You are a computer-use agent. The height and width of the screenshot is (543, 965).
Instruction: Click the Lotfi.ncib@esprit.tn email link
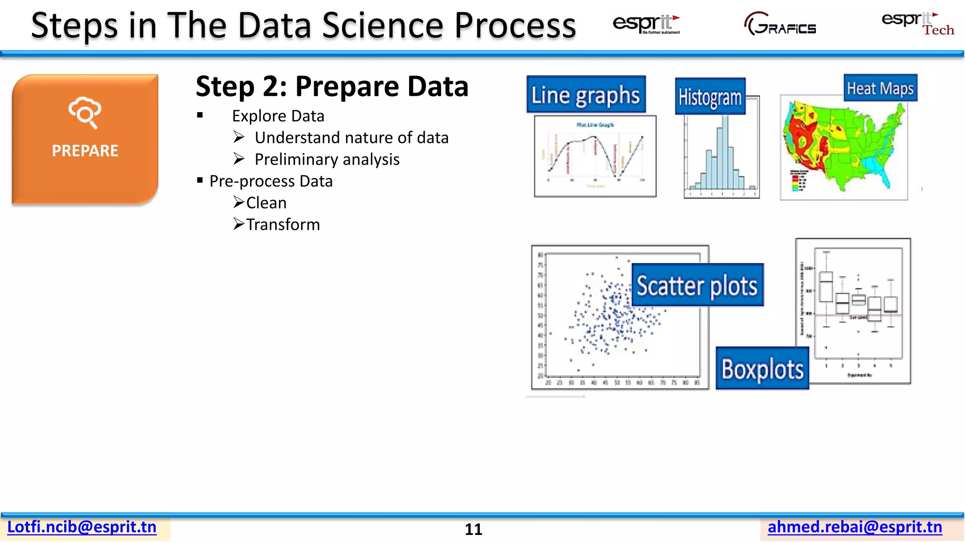[x=82, y=527]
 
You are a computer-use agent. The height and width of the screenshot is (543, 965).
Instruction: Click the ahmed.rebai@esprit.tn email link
[x=855, y=527]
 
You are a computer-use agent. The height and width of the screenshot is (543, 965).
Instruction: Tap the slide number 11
[x=474, y=529]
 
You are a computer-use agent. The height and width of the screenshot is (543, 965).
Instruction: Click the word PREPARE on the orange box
[x=85, y=151]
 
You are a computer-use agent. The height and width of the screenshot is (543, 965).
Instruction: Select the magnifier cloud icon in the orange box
[x=85, y=112]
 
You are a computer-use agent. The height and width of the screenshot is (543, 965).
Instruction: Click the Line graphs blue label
[x=586, y=95]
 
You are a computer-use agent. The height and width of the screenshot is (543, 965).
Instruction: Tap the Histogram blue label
[x=710, y=97]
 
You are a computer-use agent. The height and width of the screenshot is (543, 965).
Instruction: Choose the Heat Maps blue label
[x=880, y=88]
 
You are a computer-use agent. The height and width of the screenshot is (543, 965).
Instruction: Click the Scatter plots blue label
[x=697, y=286]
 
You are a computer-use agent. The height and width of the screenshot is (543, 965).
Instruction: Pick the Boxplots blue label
[x=762, y=369]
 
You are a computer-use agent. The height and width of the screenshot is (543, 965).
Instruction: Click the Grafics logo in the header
[x=780, y=25]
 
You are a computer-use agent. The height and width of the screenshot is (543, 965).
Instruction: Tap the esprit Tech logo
[x=917, y=24]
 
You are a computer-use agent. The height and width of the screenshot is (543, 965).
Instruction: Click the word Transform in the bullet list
[x=283, y=225]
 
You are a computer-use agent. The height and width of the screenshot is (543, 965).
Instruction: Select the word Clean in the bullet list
[x=266, y=203]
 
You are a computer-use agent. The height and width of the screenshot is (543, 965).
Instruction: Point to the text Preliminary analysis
[x=327, y=160]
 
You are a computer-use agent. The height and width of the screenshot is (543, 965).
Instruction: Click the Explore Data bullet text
[x=278, y=116]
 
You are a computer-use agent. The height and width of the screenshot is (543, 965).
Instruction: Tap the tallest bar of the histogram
[x=725, y=151]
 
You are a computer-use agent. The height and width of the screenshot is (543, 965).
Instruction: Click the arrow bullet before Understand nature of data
[x=239, y=137]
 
